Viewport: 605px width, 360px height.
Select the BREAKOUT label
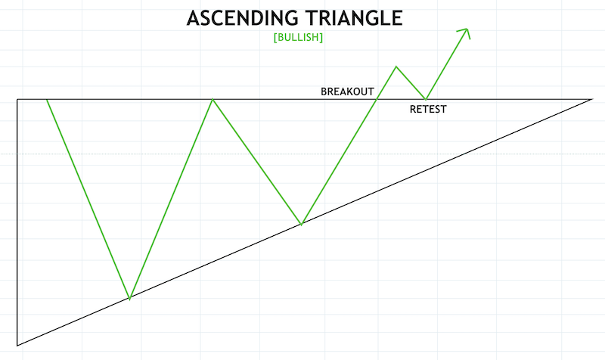(347, 92)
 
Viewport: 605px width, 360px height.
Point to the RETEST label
(428, 110)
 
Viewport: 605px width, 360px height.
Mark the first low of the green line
(130, 299)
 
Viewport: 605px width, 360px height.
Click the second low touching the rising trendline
(301, 225)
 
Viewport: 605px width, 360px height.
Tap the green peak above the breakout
(396, 67)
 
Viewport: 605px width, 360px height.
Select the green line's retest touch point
(427, 99)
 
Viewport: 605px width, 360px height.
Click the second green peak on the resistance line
(213, 99)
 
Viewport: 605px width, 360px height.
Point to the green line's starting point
(47, 99)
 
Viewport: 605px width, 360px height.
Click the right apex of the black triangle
(591, 99)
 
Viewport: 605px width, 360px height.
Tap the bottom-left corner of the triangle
(17, 346)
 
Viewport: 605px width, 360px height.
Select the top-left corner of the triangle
(17, 99)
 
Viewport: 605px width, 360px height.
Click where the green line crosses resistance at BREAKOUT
(377, 99)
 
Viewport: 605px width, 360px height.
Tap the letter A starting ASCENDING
(193, 18)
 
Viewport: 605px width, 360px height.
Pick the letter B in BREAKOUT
(324, 92)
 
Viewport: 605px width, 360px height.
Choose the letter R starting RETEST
(413, 110)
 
